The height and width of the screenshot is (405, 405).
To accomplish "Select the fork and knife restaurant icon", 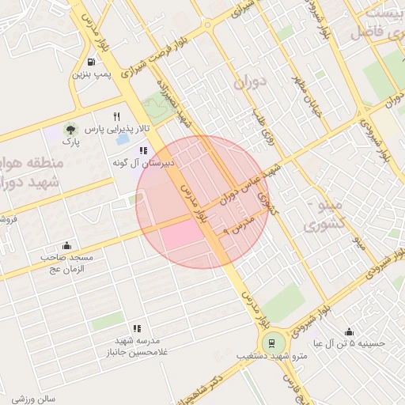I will click(x=117, y=115).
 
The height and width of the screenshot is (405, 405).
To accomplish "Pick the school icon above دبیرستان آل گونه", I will click(x=143, y=150).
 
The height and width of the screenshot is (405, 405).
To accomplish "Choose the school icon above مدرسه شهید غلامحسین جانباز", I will click(x=137, y=327).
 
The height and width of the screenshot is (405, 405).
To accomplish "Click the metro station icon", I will click(x=272, y=343).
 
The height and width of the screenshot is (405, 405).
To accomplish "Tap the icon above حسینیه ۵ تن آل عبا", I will click(x=349, y=331).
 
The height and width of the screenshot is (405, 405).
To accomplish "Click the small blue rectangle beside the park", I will click(x=123, y=140).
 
